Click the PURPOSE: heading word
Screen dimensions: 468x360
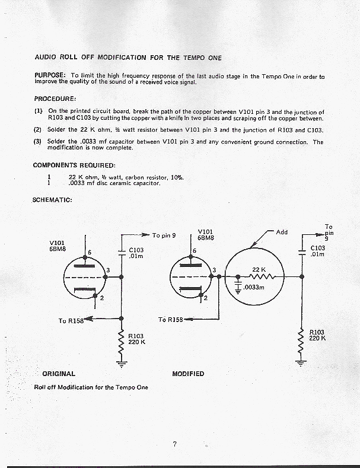[50, 76]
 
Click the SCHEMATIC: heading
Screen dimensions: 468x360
[52, 200]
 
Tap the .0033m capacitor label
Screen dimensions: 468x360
[255, 287]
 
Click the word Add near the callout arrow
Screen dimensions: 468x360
[282, 232]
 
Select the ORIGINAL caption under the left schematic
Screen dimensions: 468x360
[59, 374]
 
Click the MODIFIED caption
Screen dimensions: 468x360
[188, 374]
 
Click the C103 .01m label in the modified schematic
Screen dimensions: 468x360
[318, 251]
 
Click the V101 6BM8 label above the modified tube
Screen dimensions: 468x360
[206, 234]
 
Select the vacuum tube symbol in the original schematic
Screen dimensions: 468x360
[87, 278]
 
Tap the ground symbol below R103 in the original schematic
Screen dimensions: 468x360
[122, 364]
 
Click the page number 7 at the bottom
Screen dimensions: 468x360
[176, 445]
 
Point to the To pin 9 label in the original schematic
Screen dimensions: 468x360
[164, 235]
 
